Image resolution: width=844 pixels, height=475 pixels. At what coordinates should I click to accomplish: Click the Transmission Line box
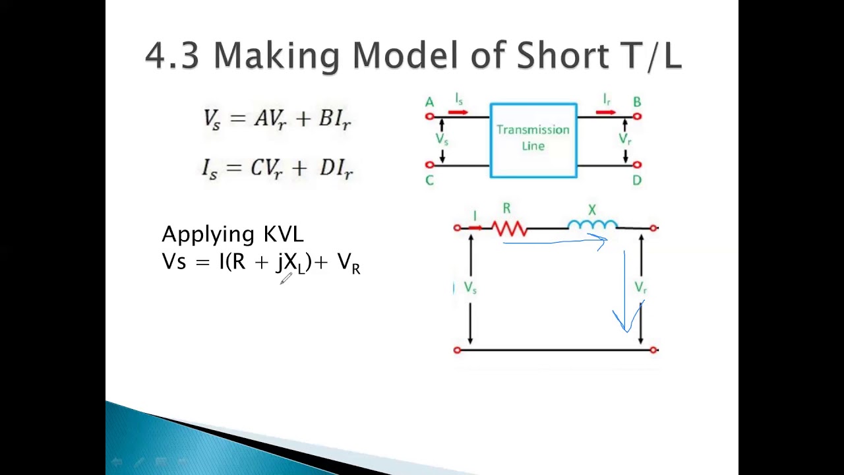coord(533,140)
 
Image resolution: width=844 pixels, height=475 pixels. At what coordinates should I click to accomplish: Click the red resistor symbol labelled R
coord(509,228)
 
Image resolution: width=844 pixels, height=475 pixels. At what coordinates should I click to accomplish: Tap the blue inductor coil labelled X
coord(592,226)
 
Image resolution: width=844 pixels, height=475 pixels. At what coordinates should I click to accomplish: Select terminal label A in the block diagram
coord(429,102)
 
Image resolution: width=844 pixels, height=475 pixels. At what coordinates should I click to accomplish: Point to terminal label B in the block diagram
coord(637,102)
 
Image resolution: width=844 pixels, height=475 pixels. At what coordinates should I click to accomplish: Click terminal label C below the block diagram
coord(429,180)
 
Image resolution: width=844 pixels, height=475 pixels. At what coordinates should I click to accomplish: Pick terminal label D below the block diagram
coord(637,180)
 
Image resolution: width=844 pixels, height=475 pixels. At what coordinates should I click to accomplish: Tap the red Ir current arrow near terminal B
coord(606,112)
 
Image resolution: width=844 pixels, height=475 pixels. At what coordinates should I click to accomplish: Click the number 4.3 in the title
coord(171,55)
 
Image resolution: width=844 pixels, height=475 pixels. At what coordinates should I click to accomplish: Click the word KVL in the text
coord(284,234)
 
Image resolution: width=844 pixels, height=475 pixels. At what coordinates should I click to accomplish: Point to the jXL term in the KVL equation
coord(291,263)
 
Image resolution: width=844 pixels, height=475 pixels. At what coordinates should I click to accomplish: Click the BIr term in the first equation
coord(335,119)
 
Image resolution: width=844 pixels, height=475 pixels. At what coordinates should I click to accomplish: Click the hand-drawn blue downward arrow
coord(625,290)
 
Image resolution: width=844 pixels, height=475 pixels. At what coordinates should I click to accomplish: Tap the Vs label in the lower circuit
coord(470,288)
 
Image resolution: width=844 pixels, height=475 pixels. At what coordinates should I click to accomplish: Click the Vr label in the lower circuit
coord(640,288)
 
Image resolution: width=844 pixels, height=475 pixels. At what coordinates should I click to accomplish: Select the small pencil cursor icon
coord(286,279)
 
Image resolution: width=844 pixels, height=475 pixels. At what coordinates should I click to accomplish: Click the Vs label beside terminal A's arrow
coord(442,139)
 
